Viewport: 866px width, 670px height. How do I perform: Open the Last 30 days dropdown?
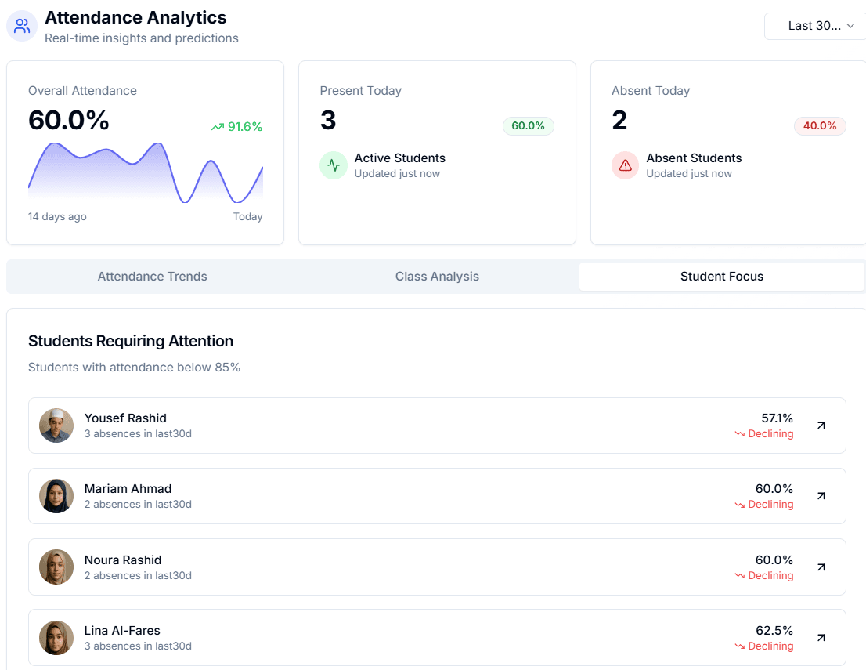(815, 26)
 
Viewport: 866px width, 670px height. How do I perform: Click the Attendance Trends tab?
(152, 277)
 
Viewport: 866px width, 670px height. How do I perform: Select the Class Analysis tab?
(437, 277)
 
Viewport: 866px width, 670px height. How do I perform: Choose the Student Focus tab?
(721, 277)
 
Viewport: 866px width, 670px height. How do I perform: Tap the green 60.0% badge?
(528, 126)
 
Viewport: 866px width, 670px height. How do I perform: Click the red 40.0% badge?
(820, 126)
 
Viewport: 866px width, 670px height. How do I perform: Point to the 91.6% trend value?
(244, 127)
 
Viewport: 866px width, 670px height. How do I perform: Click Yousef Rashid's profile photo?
(56, 426)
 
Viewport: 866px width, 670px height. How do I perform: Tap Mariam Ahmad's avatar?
(56, 496)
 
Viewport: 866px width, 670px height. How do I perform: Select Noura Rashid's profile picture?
(56, 567)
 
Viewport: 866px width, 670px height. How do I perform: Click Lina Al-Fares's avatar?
(56, 638)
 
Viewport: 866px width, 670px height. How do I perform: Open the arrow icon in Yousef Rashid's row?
(821, 426)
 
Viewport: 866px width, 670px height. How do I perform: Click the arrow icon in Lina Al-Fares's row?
(821, 638)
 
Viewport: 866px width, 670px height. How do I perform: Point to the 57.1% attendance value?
(777, 418)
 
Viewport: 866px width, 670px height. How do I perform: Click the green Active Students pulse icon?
(334, 165)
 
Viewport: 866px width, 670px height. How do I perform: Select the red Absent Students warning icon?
(625, 165)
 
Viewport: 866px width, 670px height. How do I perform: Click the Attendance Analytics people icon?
(22, 26)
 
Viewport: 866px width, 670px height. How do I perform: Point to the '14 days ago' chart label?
(57, 217)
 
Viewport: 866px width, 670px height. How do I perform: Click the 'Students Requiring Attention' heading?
(131, 341)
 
